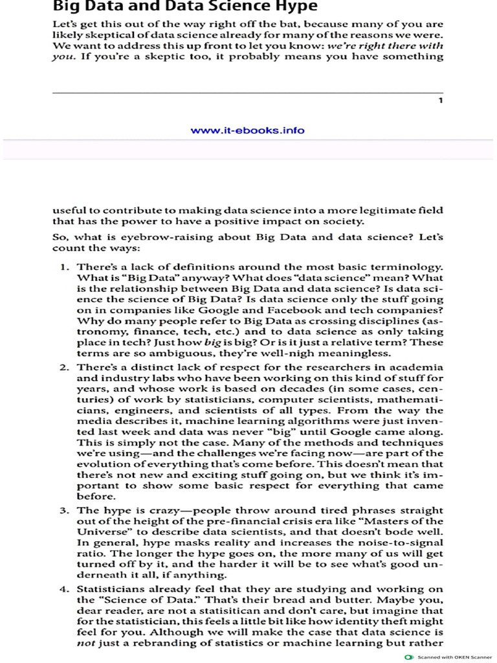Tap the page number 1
(441, 100)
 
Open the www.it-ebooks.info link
(248, 130)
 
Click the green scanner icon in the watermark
(408, 657)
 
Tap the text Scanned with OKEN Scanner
(454, 657)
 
